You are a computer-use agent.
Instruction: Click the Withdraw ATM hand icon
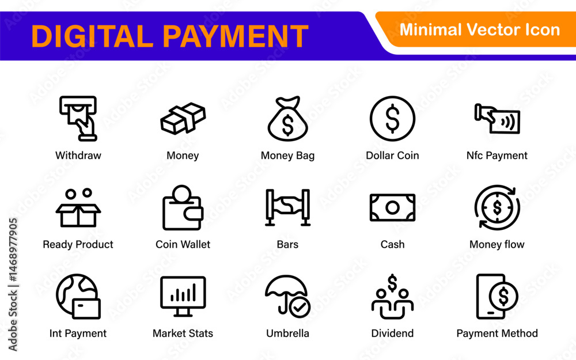pos(78,118)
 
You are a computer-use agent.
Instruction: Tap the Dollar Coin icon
pos(392,119)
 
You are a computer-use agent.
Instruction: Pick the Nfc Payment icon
pos(497,119)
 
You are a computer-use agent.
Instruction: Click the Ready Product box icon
pos(78,208)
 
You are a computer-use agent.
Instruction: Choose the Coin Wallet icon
pos(183,207)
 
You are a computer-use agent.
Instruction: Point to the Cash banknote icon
pos(392,207)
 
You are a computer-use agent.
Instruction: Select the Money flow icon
pos(497,207)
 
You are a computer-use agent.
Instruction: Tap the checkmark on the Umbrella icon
pos(300,307)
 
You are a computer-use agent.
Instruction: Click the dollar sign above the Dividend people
pos(392,283)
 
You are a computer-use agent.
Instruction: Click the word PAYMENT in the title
pos(235,36)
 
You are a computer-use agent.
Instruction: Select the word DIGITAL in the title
pos(92,36)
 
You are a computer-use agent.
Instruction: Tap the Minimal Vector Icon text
pos(479,30)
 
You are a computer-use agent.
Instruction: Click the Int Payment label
pos(78,333)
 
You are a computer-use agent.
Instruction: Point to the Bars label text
pos(287,244)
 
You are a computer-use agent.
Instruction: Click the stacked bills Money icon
pos(183,118)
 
